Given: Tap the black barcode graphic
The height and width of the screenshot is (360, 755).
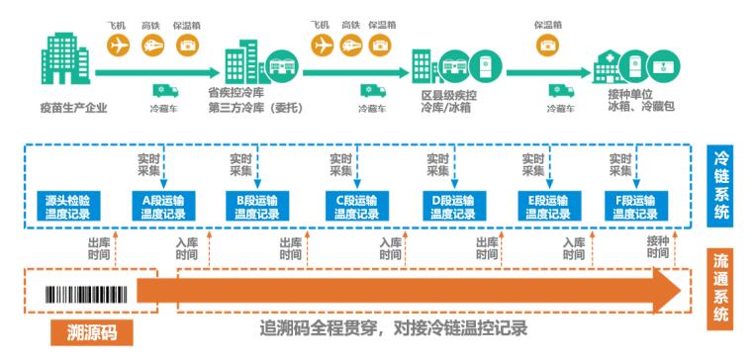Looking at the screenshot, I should tap(87, 291).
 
